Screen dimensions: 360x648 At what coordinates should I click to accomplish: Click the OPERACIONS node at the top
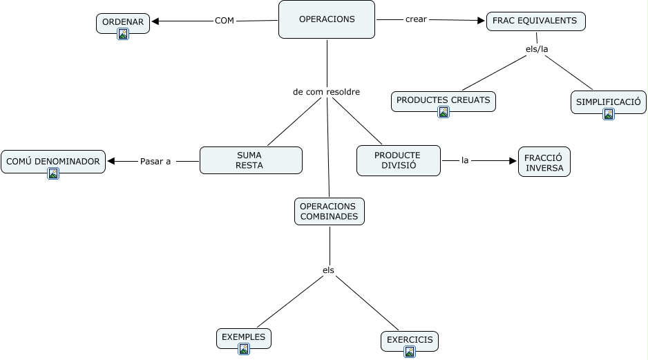(x=327, y=19)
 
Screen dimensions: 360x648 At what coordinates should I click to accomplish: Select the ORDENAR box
(x=123, y=22)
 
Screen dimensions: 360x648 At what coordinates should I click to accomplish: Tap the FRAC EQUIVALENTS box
(x=535, y=21)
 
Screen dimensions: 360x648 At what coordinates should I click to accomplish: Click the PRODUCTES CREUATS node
(x=443, y=100)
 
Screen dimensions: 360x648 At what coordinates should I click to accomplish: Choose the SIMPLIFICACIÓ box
(x=608, y=102)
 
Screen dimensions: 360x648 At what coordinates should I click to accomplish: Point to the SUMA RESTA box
(x=251, y=160)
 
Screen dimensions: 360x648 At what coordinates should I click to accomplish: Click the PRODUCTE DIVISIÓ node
(x=398, y=160)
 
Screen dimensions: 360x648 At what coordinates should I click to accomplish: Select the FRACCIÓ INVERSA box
(x=544, y=161)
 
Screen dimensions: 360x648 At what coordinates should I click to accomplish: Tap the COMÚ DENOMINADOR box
(x=53, y=162)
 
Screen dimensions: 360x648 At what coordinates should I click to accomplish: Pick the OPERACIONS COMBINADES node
(x=329, y=211)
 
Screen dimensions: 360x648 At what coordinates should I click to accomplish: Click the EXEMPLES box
(x=243, y=337)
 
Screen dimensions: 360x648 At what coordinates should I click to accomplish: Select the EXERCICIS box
(x=409, y=340)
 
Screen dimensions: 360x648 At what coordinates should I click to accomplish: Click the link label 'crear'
(x=416, y=19)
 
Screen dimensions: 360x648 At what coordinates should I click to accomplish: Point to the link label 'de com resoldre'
(x=326, y=91)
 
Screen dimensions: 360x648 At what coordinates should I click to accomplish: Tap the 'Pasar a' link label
(x=155, y=162)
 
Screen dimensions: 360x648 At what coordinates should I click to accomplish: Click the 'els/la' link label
(x=537, y=49)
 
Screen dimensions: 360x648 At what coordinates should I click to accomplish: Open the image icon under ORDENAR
(x=123, y=34)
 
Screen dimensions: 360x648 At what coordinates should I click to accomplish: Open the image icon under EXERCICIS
(x=410, y=352)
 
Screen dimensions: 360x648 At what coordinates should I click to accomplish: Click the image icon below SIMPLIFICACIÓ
(x=609, y=114)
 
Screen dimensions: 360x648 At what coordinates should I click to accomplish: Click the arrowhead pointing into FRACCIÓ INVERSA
(x=513, y=161)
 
